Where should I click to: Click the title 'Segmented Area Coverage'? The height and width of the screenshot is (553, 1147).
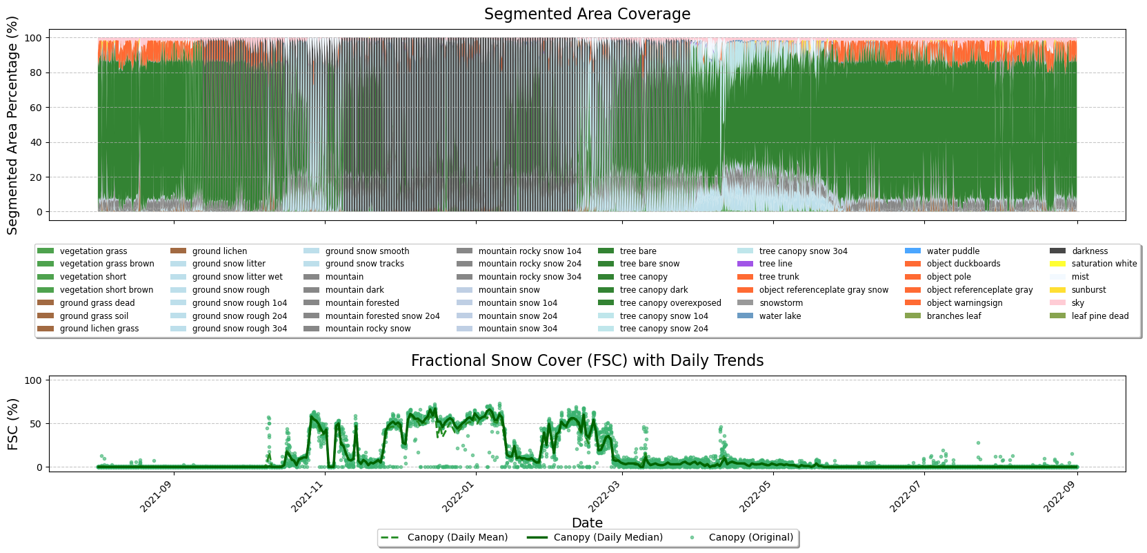point(587,14)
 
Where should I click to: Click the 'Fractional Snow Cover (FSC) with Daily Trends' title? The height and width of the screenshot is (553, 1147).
point(587,361)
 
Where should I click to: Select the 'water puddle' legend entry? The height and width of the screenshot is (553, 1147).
point(952,251)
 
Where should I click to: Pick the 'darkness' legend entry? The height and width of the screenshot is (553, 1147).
point(1089,251)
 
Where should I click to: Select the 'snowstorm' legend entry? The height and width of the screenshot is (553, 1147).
point(781,303)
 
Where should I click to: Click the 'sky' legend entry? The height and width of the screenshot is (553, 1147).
point(1077,303)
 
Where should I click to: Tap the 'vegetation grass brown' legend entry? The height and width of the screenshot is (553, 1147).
point(107,264)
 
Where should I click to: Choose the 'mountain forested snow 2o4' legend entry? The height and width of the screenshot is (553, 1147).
point(382,316)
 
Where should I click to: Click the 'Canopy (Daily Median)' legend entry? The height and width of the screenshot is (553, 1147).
point(608,538)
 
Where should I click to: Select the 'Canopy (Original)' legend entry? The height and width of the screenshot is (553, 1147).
point(750,538)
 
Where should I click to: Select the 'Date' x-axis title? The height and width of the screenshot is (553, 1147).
point(587,523)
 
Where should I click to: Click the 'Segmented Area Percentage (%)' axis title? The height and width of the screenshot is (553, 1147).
point(12,126)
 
